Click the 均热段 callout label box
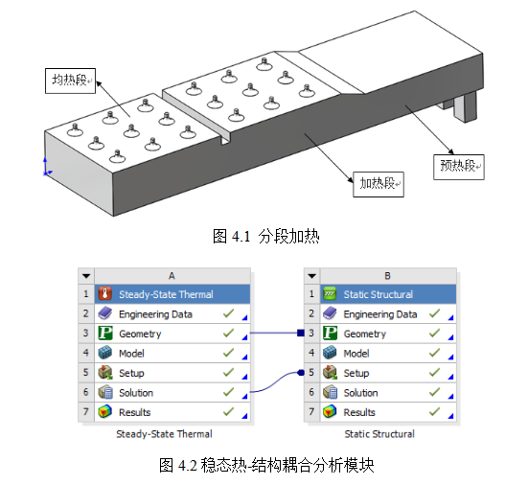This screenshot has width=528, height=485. click(x=70, y=81)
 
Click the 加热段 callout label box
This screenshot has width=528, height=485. click(x=379, y=184)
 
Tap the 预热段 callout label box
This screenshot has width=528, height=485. click(x=459, y=167)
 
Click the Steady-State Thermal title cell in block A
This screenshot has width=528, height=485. click(x=172, y=294)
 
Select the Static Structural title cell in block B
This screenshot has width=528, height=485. click(x=388, y=294)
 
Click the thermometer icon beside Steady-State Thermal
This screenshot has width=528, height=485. click(x=105, y=294)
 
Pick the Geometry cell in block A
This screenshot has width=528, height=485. click(x=172, y=334)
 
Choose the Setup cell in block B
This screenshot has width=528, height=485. click(x=388, y=373)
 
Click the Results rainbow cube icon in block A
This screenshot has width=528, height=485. click(x=105, y=412)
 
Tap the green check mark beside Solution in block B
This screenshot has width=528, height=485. click(x=434, y=392)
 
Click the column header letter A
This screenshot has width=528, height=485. click(x=172, y=276)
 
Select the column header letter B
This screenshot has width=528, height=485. click(x=387, y=276)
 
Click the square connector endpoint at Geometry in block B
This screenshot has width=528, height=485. click(x=301, y=334)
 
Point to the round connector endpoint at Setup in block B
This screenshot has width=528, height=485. click(x=301, y=373)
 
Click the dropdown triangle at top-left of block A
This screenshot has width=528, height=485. click(x=86, y=276)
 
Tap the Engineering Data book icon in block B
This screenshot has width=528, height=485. click(x=330, y=313)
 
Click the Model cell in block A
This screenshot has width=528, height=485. click(x=172, y=353)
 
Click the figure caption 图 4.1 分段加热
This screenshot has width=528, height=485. click(x=266, y=236)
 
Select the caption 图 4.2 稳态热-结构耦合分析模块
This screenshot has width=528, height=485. click(x=266, y=466)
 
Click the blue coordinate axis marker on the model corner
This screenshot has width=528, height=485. click(x=46, y=167)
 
